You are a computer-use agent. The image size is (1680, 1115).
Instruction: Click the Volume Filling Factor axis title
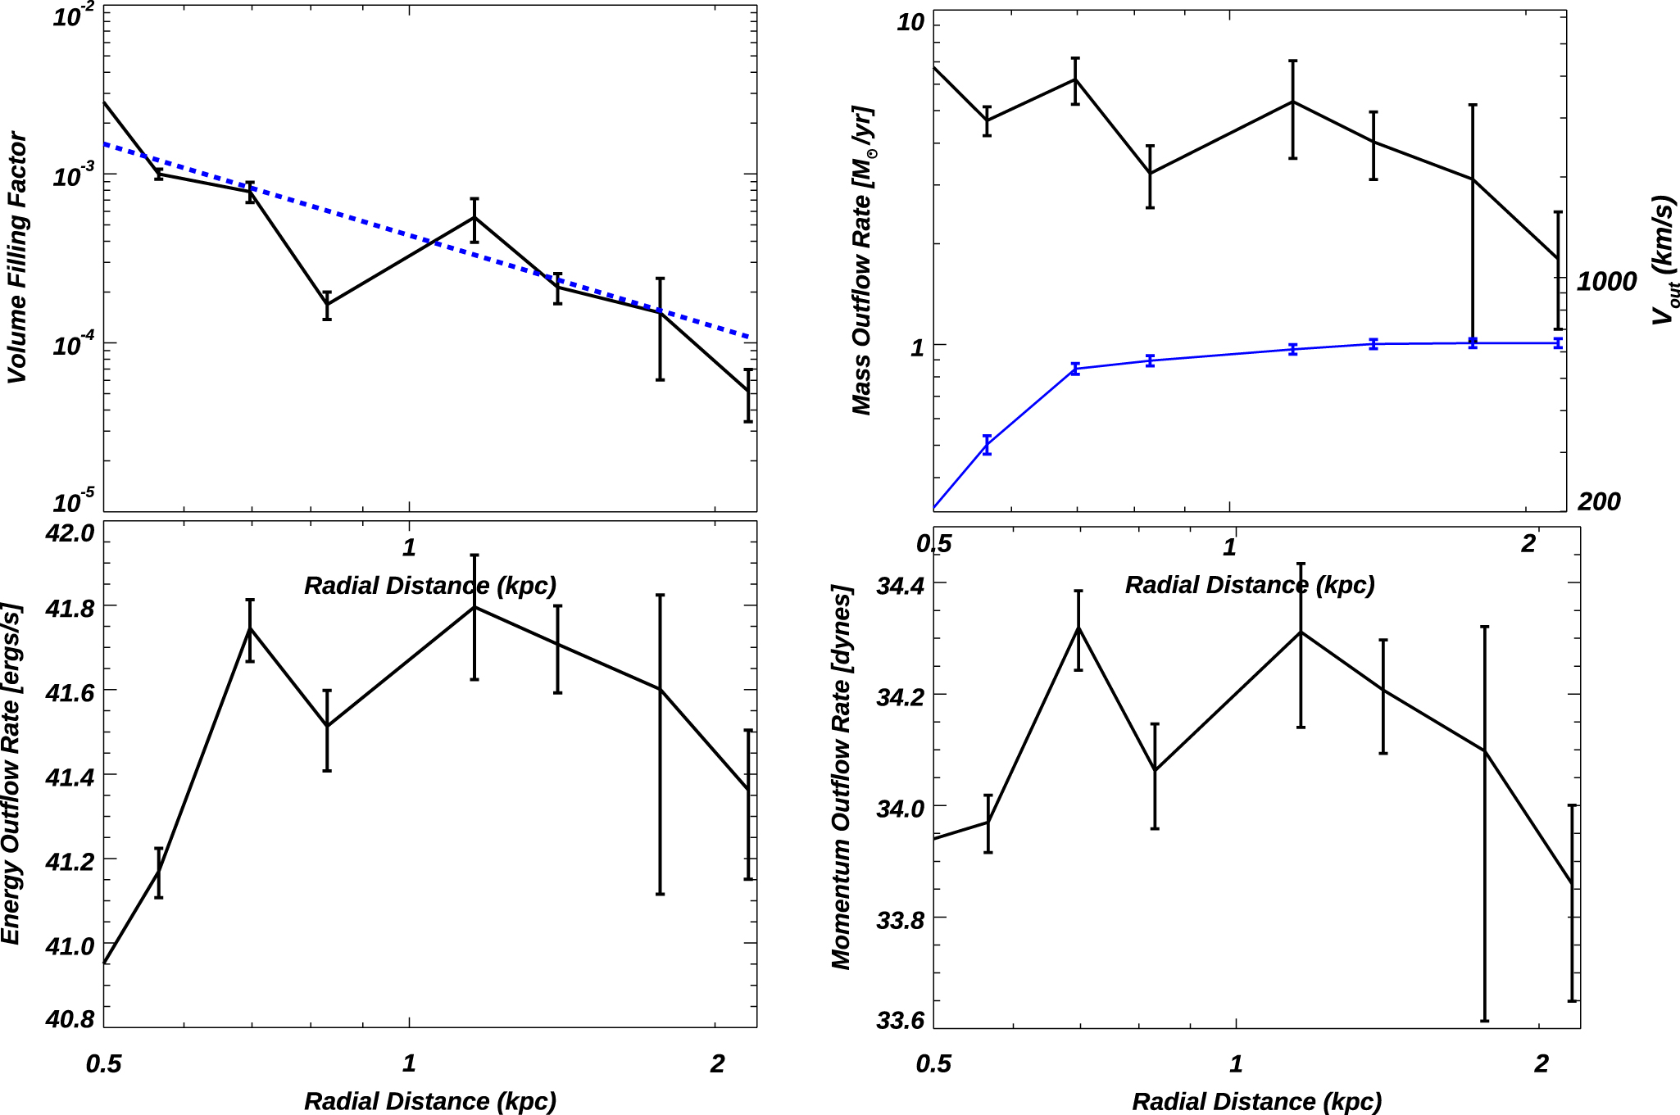(17, 257)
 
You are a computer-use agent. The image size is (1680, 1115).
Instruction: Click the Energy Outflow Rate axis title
(11, 774)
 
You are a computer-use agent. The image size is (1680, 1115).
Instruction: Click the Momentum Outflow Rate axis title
(842, 777)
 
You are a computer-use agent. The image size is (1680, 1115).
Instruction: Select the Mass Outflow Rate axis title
(862, 261)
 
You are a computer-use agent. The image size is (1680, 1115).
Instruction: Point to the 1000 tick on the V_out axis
(1606, 281)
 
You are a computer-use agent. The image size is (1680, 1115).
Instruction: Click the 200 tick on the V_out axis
(1599, 501)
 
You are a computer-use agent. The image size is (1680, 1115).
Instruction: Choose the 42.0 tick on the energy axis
(70, 533)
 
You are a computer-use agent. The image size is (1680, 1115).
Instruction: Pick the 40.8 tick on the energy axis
(70, 1018)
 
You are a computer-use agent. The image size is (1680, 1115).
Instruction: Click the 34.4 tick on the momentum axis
(900, 585)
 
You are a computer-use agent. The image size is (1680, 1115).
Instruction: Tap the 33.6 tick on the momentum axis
(900, 1020)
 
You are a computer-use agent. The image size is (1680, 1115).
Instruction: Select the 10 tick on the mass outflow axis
(910, 23)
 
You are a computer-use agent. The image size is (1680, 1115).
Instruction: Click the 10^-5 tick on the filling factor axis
(73, 501)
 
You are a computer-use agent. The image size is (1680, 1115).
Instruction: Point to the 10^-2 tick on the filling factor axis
(73, 16)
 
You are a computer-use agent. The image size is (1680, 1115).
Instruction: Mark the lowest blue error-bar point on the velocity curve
(988, 445)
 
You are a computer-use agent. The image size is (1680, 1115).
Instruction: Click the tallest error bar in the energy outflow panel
(661, 744)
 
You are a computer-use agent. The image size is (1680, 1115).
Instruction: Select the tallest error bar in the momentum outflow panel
(1484, 823)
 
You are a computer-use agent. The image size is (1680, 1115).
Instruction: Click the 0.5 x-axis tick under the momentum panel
(933, 1063)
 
